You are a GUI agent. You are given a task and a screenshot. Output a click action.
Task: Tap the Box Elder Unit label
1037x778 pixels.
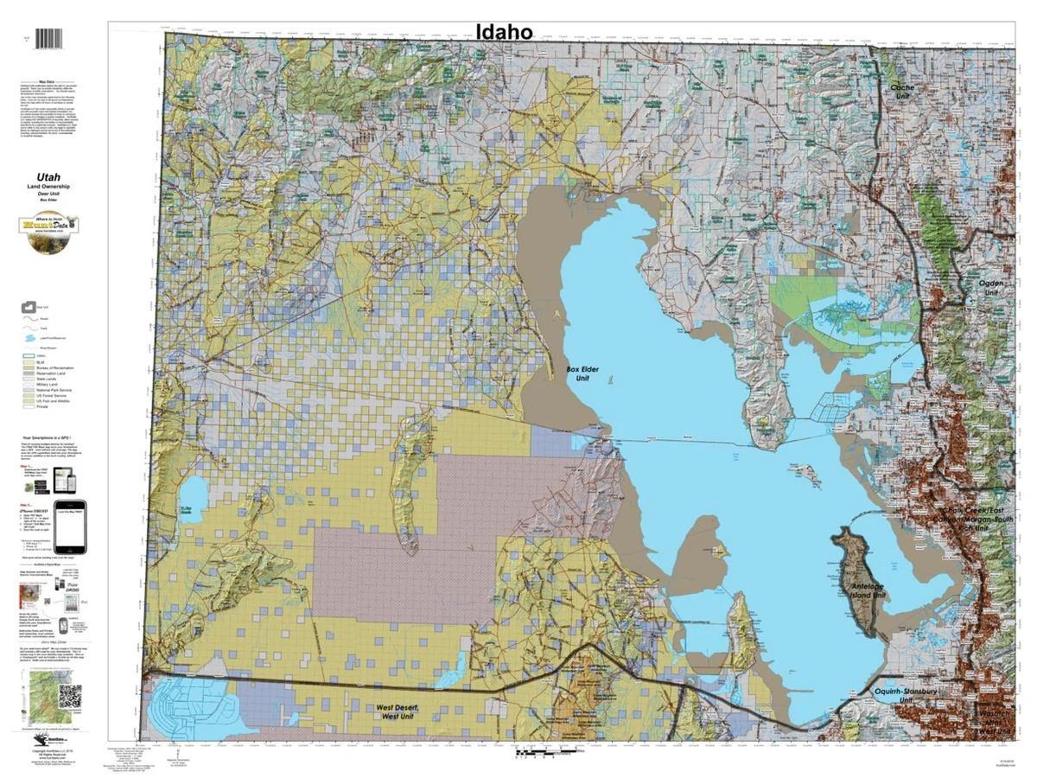(583, 374)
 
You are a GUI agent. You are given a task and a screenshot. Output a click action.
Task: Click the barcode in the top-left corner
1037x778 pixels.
(52, 39)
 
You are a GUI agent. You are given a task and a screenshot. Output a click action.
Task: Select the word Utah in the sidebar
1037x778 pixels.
(48, 177)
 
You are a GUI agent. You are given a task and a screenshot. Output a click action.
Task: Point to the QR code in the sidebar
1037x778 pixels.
(69, 695)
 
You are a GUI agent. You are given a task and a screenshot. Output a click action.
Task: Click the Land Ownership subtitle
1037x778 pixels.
(48, 188)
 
